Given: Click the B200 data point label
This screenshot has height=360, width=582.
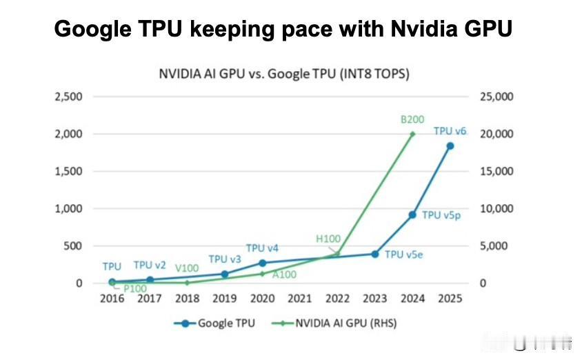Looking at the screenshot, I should click(x=412, y=119).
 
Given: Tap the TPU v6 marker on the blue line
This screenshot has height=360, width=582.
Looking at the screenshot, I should click(x=450, y=146).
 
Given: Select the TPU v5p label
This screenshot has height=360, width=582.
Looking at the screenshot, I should click(x=441, y=215).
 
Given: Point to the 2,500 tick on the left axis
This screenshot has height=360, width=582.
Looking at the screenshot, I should click(x=68, y=97).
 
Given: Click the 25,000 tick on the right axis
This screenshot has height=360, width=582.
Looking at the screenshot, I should click(x=496, y=97).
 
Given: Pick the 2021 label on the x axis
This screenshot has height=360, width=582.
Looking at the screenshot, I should click(x=299, y=299).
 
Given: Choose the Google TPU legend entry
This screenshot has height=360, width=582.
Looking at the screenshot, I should click(x=219, y=322).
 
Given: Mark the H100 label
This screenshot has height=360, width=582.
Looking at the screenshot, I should click(x=328, y=239).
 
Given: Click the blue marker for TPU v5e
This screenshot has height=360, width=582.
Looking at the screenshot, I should click(x=375, y=254).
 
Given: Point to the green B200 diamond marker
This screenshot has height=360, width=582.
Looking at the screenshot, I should click(x=412, y=134).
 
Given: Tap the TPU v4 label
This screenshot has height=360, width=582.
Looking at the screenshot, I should click(x=262, y=248).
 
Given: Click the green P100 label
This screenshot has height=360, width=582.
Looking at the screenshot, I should click(x=135, y=288).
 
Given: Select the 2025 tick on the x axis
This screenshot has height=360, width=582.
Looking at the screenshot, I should click(x=450, y=299).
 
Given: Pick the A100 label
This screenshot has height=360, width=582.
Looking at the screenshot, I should click(x=284, y=274).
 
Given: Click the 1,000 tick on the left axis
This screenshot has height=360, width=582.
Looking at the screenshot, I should click(x=68, y=208).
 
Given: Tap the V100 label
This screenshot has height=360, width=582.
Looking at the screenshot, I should click(x=188, y=268).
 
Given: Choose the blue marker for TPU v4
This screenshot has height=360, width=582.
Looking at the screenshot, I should click(x=262, y=263).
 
